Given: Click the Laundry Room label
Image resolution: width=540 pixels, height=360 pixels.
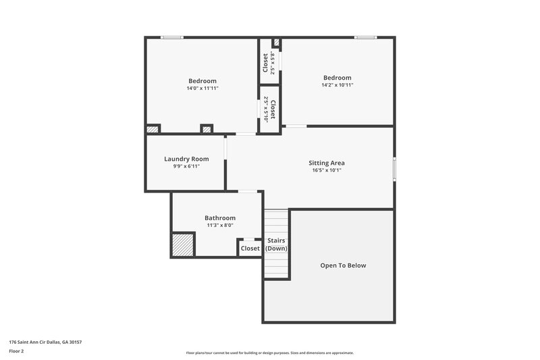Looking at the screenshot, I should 186,159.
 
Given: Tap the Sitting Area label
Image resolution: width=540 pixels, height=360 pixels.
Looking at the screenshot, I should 327,163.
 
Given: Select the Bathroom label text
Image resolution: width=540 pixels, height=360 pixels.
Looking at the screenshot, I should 220,217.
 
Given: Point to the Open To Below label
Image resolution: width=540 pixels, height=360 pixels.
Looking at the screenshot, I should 343,265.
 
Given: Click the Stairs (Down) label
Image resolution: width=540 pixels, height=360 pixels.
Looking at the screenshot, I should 276,245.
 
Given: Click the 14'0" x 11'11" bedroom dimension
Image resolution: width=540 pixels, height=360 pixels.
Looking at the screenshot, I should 202,88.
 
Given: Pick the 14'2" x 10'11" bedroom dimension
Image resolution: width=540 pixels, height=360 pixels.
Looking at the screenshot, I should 337,85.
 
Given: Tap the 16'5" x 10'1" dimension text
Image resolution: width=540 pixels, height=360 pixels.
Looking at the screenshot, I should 327,170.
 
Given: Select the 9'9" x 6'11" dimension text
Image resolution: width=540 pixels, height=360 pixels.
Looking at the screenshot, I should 186,166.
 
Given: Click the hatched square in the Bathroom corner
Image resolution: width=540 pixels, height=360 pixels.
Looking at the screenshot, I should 182,245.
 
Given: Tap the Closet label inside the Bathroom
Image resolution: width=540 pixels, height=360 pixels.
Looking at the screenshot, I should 250,249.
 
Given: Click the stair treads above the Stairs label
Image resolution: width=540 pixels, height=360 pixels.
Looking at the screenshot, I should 276,222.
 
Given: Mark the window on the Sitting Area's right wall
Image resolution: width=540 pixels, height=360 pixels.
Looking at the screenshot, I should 394,168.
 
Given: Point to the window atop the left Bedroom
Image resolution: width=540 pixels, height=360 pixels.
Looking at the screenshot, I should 172,37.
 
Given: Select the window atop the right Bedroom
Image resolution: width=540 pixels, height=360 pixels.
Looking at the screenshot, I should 366,37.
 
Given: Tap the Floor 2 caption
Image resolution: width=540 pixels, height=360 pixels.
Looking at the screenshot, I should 16,352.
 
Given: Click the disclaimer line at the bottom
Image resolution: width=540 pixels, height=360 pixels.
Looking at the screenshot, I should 269,353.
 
